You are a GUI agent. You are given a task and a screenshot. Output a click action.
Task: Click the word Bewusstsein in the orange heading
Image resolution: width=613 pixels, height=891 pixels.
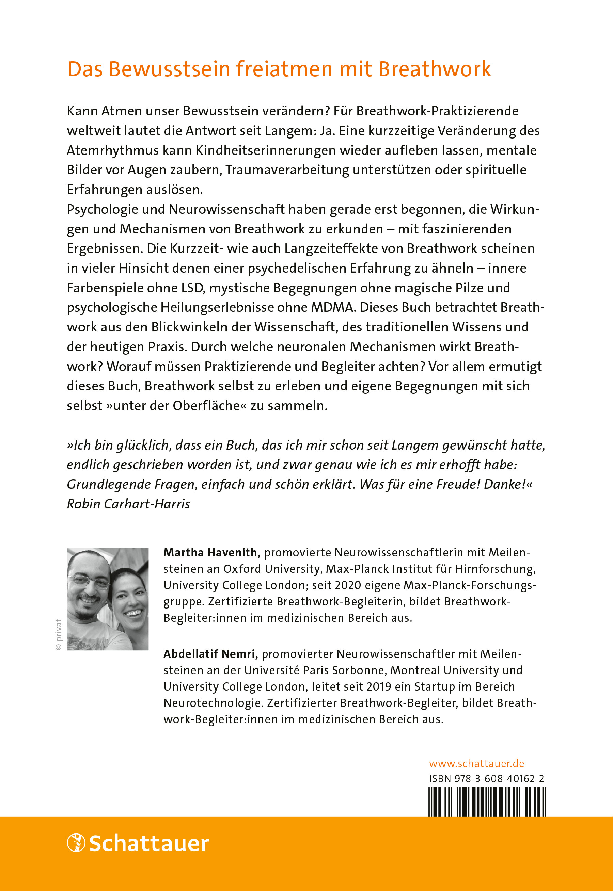[169, 69]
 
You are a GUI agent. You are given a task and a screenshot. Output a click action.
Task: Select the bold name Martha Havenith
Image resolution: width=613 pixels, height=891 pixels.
[211, 553]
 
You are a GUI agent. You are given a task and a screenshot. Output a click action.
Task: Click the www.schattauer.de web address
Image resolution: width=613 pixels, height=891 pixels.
[476, 764]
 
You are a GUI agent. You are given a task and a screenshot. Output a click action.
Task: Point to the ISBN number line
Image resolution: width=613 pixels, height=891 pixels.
[486, 779]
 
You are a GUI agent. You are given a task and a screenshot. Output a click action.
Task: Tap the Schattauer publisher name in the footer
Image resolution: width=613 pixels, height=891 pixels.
[149, 844]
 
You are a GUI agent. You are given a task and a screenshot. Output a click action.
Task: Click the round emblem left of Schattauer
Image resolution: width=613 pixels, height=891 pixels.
[76, 843]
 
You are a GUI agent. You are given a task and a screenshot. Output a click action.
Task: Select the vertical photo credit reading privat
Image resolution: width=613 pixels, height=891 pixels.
[58, 634]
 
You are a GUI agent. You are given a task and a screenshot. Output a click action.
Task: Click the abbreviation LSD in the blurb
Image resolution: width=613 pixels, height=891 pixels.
[192, 288]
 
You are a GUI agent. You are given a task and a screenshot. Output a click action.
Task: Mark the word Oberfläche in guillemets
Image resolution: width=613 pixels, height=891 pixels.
[206, 406]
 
